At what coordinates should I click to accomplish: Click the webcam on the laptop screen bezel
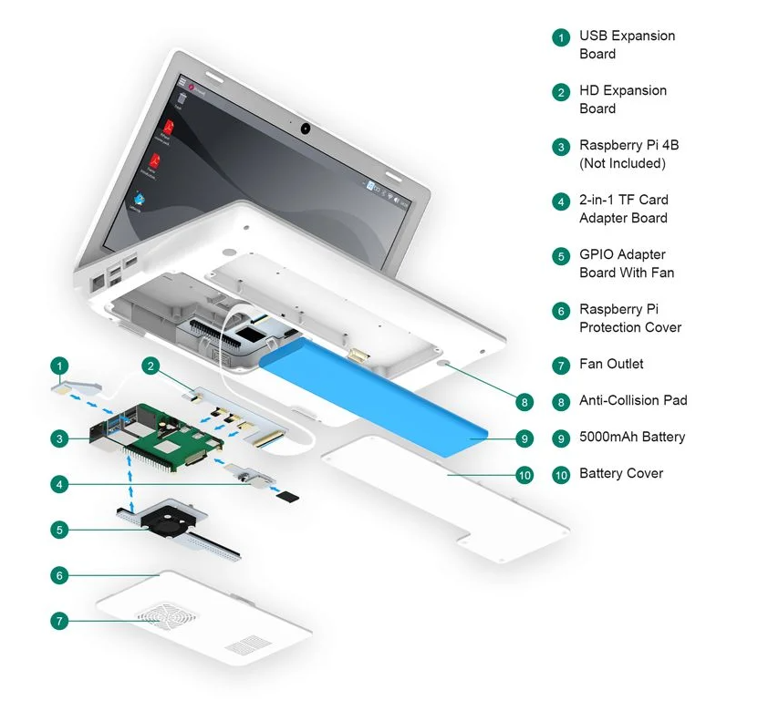(304, 126)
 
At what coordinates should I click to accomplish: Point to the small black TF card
(288, 497)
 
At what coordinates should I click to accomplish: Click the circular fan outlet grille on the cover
(167, 616)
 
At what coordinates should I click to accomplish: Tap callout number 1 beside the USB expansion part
(59, 366)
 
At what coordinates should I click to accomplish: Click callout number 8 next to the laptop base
(524, 401)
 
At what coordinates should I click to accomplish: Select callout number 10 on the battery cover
(524, 475)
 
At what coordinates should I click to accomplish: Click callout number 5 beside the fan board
(59, 528)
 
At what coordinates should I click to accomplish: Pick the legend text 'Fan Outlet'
(611, 364)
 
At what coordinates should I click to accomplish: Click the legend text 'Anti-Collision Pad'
(633, 400)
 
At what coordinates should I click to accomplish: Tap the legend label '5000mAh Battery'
(632, 437)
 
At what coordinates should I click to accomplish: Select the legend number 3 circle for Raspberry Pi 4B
(560, 147)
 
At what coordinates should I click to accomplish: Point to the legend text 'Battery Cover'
(621, 473)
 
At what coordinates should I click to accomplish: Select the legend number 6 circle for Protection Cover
(560, 311)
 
